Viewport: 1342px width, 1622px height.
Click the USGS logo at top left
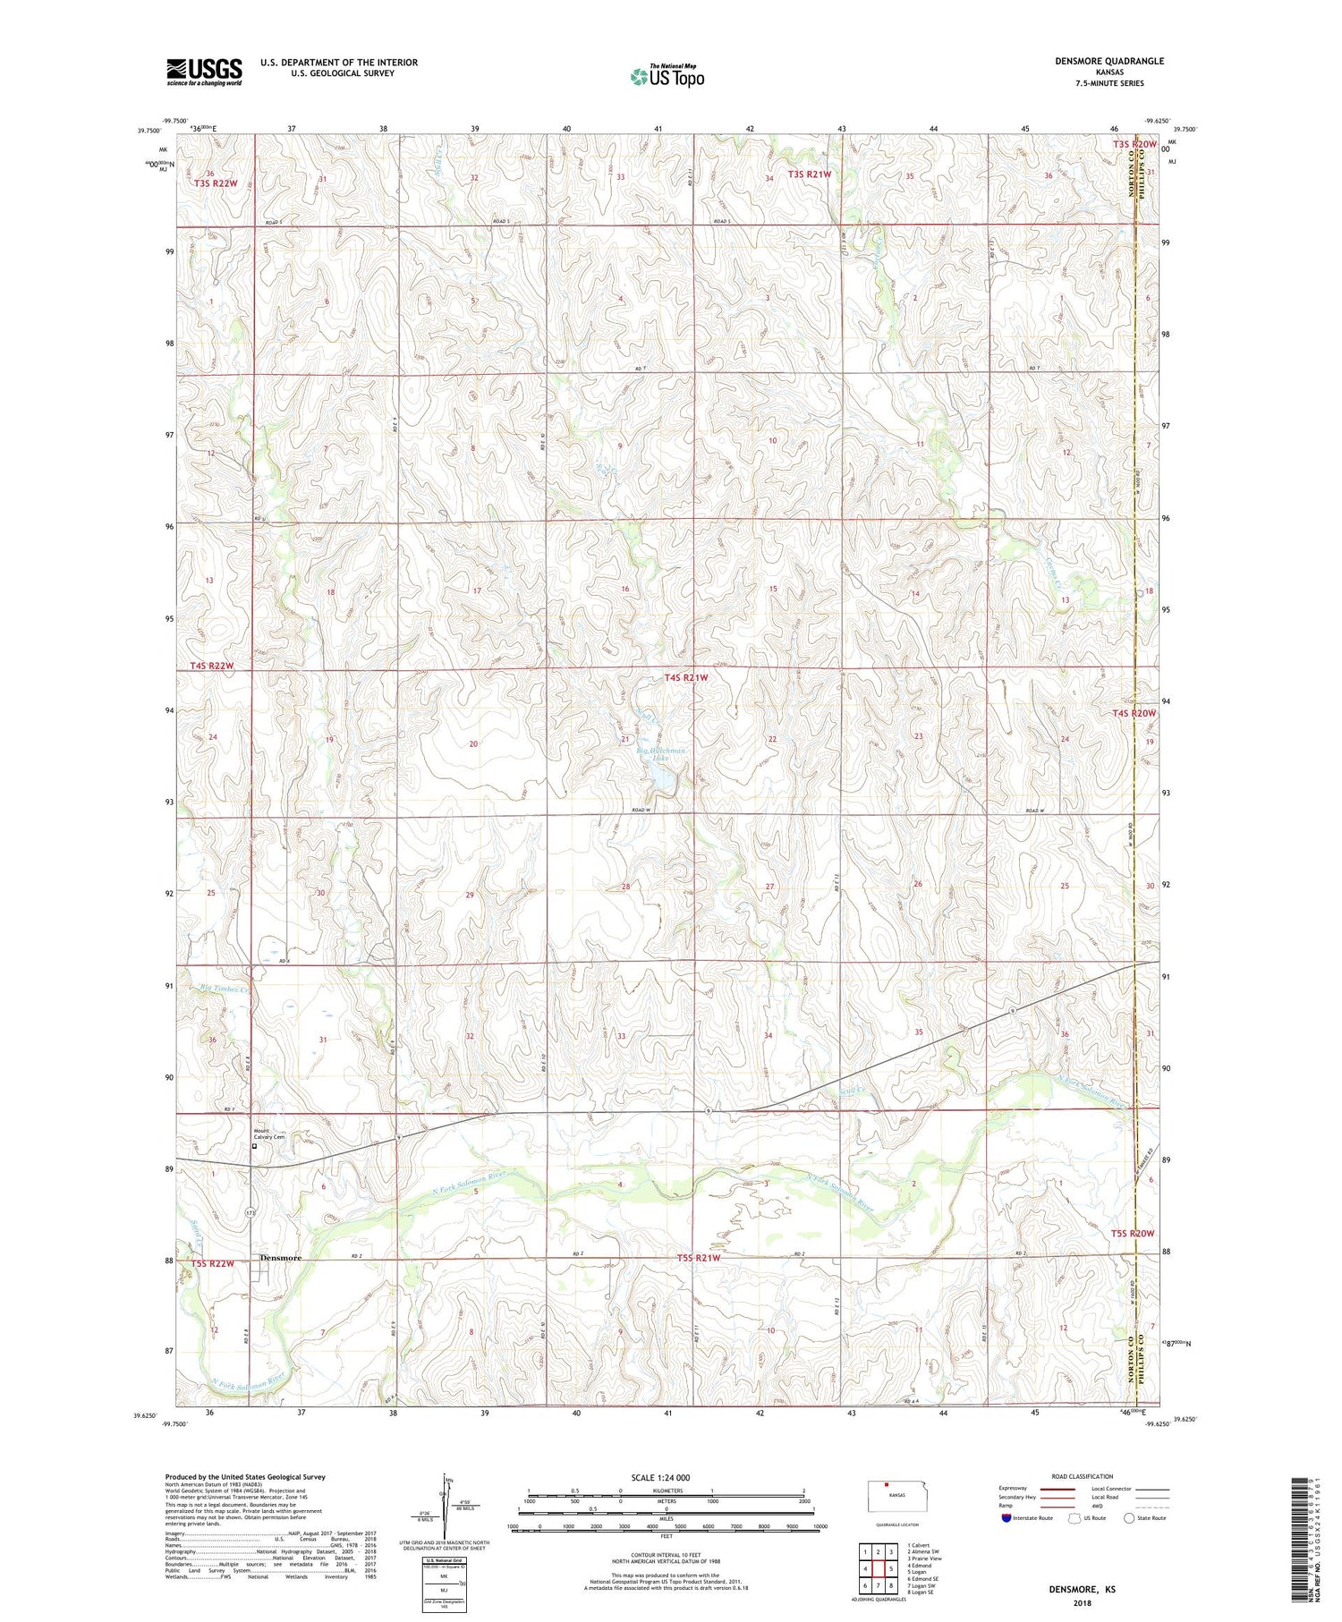pyautogui.click(x=204, y=72)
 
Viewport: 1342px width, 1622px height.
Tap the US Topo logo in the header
pyautogui.click(x=667, y=77)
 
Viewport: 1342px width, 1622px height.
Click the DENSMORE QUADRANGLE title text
pyautogui.click(x=1109, y=61)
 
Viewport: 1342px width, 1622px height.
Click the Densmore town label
pyautogui.click(x=281, y=1257)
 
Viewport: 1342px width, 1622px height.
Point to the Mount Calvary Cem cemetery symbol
pyautogui.click(x=254, y=1145)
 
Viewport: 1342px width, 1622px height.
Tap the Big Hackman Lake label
pyautogui.click(x=661, y=754)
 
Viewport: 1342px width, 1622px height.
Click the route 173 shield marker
pyautogui.click(x=251, y=1212)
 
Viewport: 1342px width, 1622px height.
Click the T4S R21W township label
pyautogui.click(x=686, y=678)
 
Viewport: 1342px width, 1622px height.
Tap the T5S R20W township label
pyautogui.click(x=1134, y=1234)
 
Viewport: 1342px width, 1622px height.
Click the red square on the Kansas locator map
pyautogui.click(x=887, y=1486)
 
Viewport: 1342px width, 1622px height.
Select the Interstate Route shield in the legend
pyautogui.click(x=1007, y=1518)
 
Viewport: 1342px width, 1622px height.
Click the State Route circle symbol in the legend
pyautogui.click(x=1129, y=1518)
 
